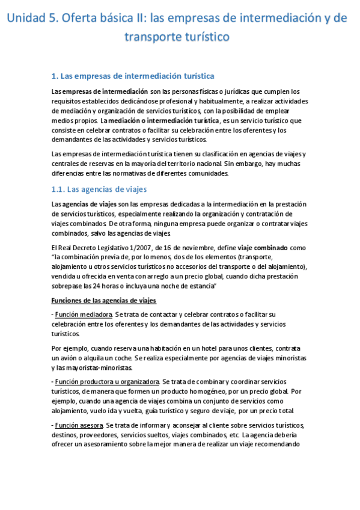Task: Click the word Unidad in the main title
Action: (28, 18)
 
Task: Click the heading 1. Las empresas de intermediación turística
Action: (133, 76)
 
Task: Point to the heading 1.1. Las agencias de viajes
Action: (99, 189)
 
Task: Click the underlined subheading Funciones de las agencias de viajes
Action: (104, 300)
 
